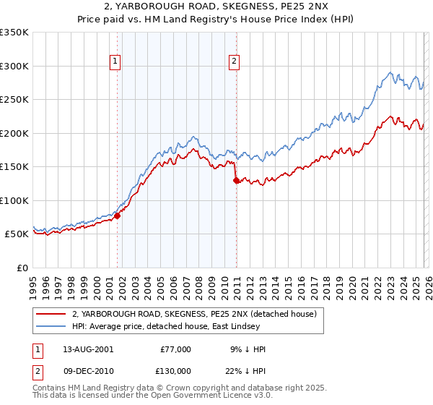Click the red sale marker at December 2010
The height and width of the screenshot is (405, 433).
pos(236,181)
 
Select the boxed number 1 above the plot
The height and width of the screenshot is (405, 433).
pos(115,62)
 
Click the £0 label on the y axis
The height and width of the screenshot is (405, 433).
pos(22,268)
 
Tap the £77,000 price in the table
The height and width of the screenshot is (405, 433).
pos(175,349)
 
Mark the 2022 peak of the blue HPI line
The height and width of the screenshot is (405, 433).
pos(390,72)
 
